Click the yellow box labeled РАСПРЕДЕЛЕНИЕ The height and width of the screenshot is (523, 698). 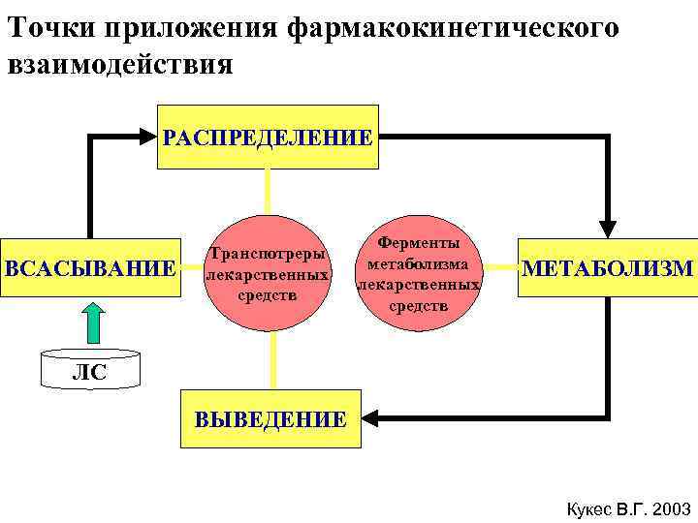tap(268, 137)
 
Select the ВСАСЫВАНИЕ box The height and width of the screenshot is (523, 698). tap(90, 267)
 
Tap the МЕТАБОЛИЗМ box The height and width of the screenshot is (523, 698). tap(608, 267)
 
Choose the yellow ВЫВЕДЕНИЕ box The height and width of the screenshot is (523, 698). tap(270, 419)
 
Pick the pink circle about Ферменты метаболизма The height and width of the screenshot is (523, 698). tap(419, 273)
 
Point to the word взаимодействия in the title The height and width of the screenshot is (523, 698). tap(120, 65)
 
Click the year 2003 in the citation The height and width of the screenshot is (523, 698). tap(672, 508)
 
